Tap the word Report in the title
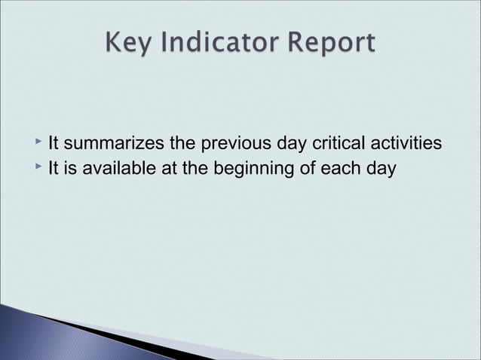[x=328, y=43]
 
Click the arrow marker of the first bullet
[x=38, y=141]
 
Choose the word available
[x=117, y=168]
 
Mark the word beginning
[x=248, y=168]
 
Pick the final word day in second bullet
[x=380, y=168]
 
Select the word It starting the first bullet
[x=54, y=143]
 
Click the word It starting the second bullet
[x=54, y=168]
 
